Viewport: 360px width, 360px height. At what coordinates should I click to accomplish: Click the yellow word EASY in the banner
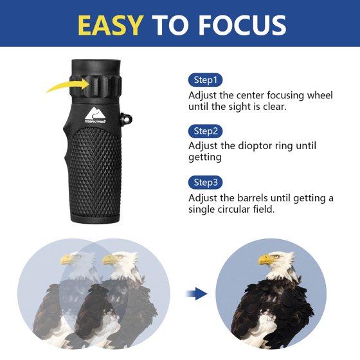click(x=111, y=25)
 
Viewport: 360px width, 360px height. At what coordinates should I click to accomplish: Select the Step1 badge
click(x=205, y=80)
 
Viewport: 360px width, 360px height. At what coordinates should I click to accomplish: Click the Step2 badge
click(x=205, y=131)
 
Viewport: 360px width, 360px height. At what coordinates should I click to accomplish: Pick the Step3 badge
click(x=205, y=183)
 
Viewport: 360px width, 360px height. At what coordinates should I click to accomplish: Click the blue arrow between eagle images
click(x=197, y=293)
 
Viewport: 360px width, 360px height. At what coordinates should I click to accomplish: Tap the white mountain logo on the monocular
click(x=95, y=113)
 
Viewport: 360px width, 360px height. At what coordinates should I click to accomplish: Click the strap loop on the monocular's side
click(x=126, y=119)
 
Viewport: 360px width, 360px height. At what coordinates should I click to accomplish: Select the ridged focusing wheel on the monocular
click(x=96, y=86)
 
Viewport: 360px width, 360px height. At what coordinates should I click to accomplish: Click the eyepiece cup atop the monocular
click(x=96, y=67)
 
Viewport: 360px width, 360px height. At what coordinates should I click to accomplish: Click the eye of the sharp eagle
click(x=277, y=256)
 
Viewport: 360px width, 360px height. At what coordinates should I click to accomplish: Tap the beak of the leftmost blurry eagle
click(x=66, y=260)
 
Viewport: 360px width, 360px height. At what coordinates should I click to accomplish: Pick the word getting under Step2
click(x=205, y=158)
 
